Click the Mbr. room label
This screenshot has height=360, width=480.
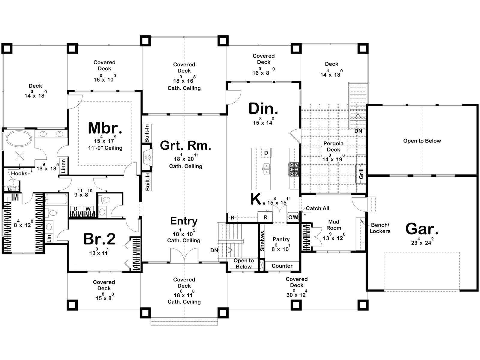105,128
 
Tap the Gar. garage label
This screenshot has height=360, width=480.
421,229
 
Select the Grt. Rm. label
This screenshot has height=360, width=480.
185,145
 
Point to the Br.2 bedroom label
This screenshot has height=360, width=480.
99,239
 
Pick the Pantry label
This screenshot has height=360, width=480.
281,239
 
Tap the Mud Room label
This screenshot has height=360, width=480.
334,225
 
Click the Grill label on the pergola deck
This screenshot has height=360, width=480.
361,174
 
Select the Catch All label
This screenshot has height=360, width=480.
317,208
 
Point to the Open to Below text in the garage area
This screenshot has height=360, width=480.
422,141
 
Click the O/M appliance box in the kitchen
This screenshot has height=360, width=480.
293,217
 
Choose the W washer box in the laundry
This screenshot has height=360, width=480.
88,208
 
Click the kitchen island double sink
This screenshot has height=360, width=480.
266,169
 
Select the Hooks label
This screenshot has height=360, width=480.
19,173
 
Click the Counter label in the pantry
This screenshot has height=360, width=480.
282,266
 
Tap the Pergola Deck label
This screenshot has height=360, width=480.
333,146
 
